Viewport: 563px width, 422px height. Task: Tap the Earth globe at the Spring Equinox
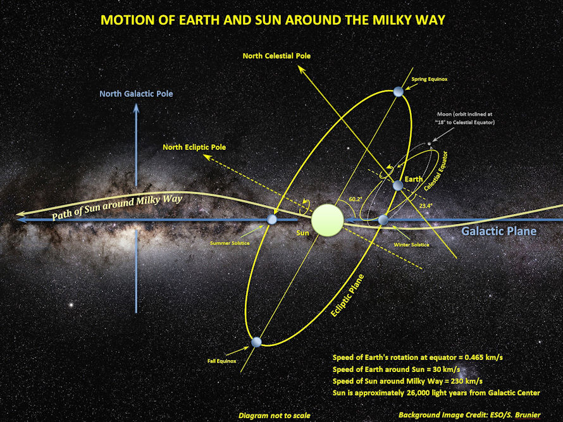point(398,92)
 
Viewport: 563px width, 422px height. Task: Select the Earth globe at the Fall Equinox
point(256,342)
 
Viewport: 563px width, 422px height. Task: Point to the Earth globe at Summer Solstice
point(272,220)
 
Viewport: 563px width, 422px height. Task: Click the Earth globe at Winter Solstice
point(383,220)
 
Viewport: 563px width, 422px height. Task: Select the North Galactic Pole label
point(136,94)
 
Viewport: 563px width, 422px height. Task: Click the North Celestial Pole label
point(276,56)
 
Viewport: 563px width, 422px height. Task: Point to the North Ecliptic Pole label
point(194,147)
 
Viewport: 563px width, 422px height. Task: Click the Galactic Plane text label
point(498,232)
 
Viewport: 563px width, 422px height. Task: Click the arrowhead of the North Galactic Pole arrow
point(136,108)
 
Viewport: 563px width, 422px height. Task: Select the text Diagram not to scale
point(274,416)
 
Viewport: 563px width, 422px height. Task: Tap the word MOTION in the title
point(127,20)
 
